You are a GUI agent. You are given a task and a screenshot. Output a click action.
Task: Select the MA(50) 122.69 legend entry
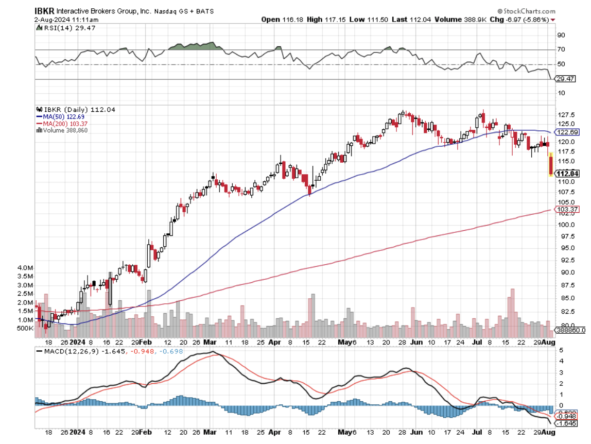(x=60, y=116)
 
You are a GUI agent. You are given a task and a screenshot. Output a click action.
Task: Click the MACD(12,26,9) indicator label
(x=65, y=351)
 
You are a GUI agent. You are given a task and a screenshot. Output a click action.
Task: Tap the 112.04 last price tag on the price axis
(x=568, y=174)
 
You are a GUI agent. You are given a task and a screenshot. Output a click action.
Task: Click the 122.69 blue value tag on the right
(x=568, y=132)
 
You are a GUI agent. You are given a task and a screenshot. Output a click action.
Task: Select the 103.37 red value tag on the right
(x=568, y=209)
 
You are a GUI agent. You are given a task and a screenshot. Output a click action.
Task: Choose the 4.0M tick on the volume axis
(x=26, y=268)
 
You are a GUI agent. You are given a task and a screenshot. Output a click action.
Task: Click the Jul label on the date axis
(x=477, y=342)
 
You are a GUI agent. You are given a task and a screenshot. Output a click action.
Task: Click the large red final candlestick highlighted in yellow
(x=551, y=165)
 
